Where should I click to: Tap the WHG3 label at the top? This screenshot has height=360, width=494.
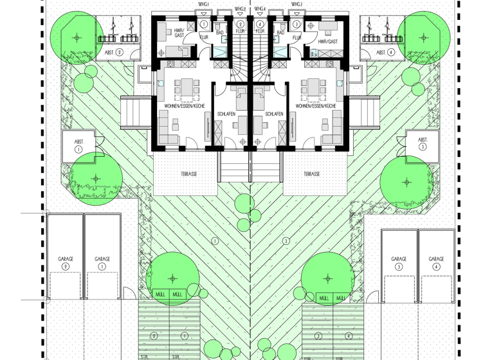coord(296,4)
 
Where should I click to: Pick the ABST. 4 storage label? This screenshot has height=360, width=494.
coord(385,53)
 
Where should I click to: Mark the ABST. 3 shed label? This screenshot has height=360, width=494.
coord(423,142)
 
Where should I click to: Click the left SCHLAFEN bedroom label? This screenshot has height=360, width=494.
coord(226,114)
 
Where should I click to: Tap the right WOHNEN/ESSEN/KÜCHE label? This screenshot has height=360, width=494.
coord(312,105)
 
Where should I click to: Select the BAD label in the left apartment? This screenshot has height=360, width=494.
coord(219,32)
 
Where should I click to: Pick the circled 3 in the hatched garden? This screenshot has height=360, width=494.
coord(286,241)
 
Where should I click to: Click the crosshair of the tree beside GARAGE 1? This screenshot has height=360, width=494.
coord(172,278)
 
